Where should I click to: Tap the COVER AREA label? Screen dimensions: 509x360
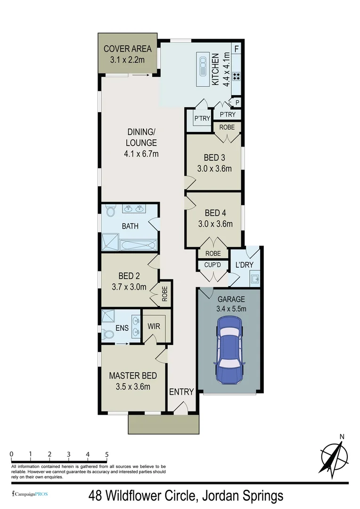coord(127,49)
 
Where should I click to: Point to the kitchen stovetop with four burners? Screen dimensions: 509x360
coord(236,75)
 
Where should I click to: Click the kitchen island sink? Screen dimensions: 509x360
coord(203,66)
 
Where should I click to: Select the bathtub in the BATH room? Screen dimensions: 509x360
coord(138,245)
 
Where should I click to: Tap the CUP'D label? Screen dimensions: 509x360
coord(213,265)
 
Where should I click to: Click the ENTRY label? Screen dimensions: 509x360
coord(181,392)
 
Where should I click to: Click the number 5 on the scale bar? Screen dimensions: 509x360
coord(107,454)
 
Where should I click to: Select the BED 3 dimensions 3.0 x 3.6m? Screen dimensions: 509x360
coord(214,168)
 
